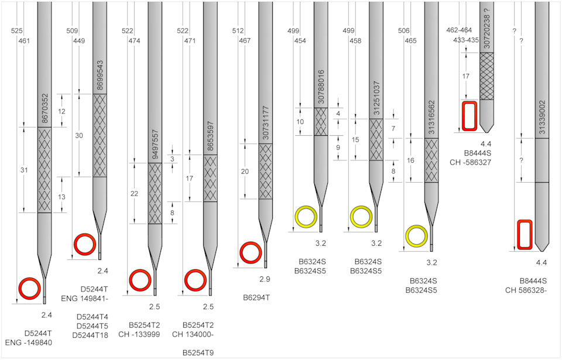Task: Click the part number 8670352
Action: (x=45, y=109)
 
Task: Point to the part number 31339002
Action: (x=542, y=117)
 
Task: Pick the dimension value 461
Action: (x=24, y=41)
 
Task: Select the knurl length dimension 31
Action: (x=24, y=170)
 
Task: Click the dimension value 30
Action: (x=79, y=136)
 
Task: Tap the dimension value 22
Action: (x=134, y=194)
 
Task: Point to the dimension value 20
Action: (x=245, y=172)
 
